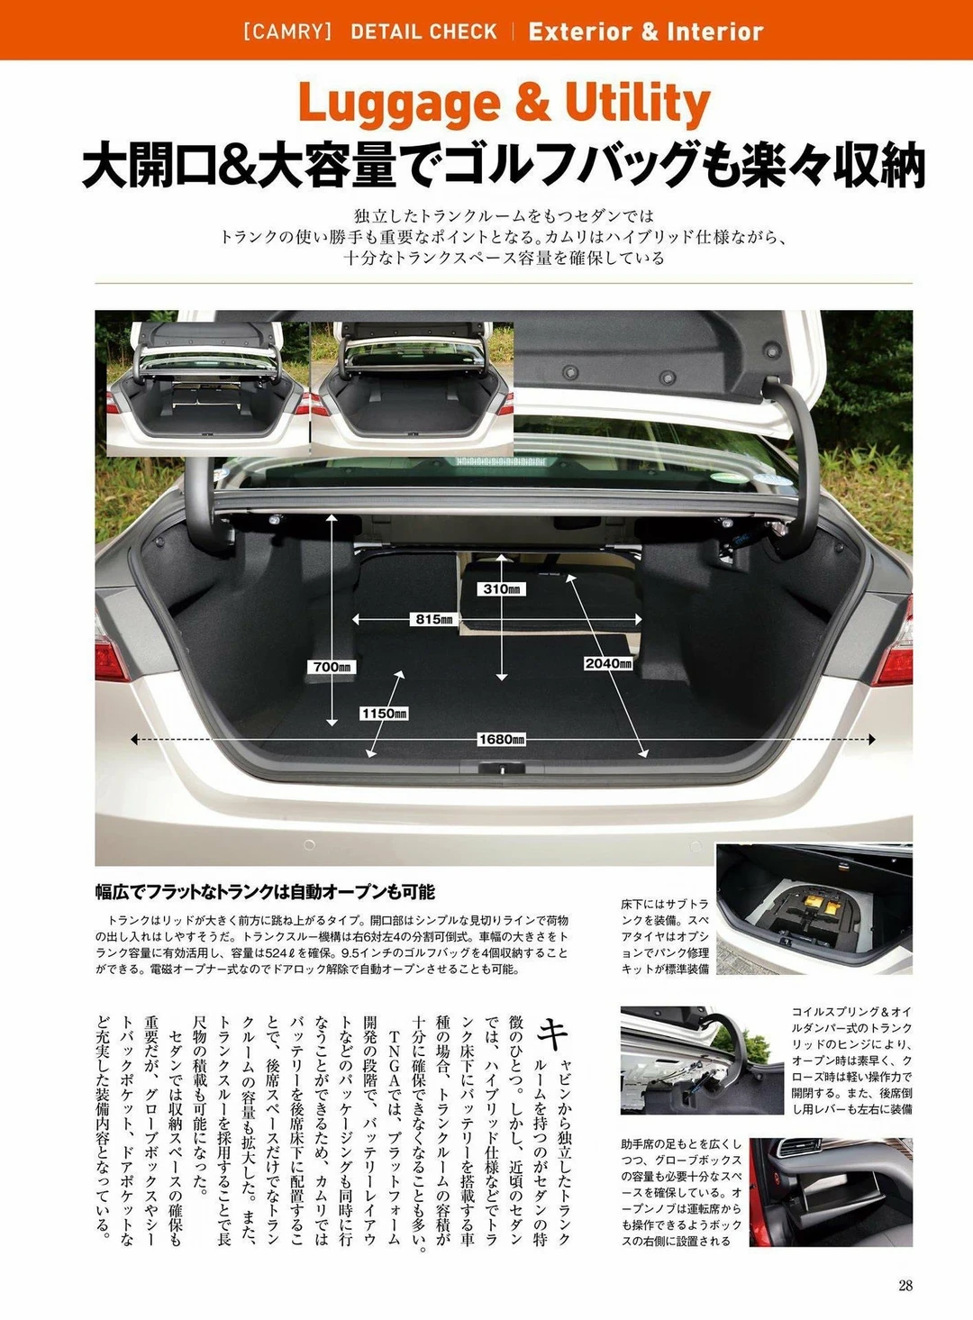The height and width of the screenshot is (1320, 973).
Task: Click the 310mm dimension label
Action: pos(500,588)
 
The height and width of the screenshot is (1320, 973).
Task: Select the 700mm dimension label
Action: pos(332,667)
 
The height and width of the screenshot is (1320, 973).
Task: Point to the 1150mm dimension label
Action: pos(385,714)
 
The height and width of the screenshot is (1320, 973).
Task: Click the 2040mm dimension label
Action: pos(608,663)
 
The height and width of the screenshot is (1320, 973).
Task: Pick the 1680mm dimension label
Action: pos(502,739)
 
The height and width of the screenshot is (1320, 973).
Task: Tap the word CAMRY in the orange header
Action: pos(287,32)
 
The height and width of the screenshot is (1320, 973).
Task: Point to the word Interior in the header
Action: pos(719,32)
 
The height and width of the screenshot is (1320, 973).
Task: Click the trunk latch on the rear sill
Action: pos(501,769)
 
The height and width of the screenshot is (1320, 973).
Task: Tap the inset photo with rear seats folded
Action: pos(208,388)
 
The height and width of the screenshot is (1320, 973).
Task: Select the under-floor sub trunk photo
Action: pos(814,909)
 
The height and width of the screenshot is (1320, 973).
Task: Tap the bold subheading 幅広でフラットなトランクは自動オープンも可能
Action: pos(265,892)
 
